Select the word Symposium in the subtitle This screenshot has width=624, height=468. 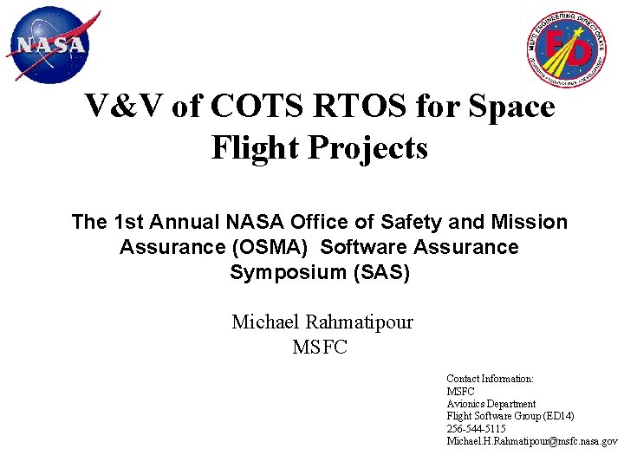click(283, 272)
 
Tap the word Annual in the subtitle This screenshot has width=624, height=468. click(186, 222)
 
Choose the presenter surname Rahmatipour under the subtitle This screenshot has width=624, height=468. click(360, 322)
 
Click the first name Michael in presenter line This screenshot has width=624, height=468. click(265, 322)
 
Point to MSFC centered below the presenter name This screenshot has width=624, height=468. click(320, 348)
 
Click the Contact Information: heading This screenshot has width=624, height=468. click(490, 379)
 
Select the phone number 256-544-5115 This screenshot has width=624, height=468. click(476, 429)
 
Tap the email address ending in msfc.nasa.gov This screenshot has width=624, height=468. click(532, 441)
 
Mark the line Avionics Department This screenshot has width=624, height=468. click(491, 404)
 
